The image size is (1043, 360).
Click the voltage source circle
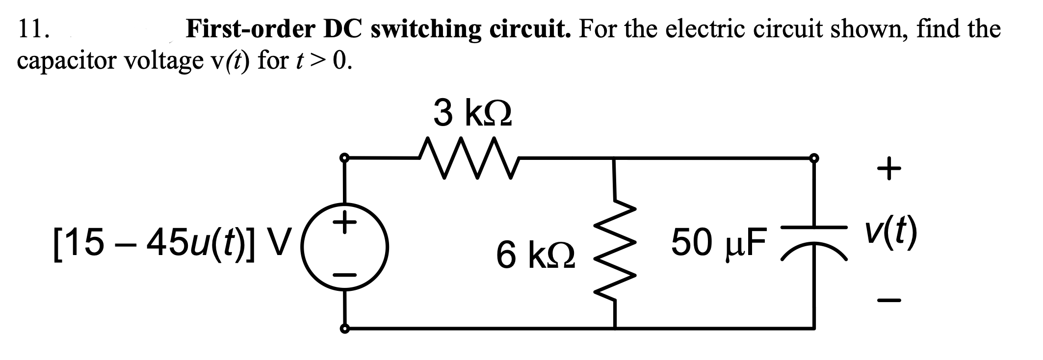coord(345,247)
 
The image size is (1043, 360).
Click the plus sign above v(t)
coord(889,169)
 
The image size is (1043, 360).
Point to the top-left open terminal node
coord(345,158)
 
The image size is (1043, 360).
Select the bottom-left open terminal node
coord(345,329)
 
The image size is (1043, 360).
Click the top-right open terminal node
coord(814,157)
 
